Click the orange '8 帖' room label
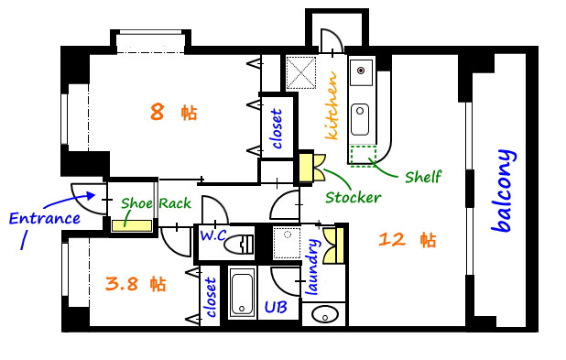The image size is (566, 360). click(173, 113)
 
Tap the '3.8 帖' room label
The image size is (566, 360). click(135, 283)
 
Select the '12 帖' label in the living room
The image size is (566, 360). click(407, 240)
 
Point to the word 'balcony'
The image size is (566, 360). click(503, 191)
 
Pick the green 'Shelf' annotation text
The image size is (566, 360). click(422, 177)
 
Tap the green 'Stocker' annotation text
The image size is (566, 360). click(353, 197)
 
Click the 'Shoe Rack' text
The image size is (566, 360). click(155, 203)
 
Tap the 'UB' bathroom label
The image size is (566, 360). click(276, 308)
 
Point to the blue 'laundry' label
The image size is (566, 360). click(311, 267)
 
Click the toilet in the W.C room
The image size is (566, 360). click(240, 244)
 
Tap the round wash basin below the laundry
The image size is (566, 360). click(325, 315)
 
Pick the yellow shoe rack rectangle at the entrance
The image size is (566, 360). click(132, 224)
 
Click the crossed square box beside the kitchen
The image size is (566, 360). click(300, 71)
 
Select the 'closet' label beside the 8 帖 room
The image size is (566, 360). click(278, 129)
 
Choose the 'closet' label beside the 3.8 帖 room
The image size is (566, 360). click(211, 298)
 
